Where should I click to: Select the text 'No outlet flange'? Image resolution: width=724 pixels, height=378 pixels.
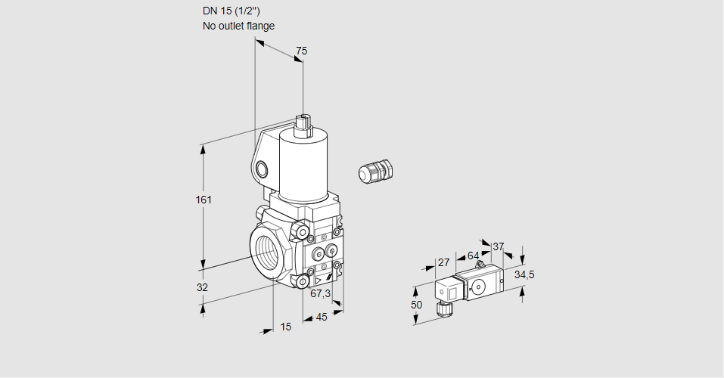[238, 26]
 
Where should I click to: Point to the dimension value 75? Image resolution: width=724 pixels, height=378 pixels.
[301, 51]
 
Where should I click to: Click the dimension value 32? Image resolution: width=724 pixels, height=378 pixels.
[202, 287]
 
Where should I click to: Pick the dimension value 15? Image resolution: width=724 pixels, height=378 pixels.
[285, 327]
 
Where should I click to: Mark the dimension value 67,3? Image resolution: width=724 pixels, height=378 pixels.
[321, 293]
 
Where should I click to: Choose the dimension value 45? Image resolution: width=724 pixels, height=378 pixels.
[322, 317]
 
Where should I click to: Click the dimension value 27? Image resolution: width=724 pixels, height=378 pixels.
[444, 262]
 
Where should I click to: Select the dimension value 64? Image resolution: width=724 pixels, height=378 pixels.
[473, 256]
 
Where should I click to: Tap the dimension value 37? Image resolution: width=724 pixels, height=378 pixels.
[498, 246]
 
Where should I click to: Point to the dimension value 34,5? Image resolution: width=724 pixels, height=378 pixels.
[524, 274]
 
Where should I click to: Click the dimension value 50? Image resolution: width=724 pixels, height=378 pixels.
[416, 304]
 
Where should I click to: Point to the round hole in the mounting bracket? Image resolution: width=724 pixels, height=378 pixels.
[262, 169]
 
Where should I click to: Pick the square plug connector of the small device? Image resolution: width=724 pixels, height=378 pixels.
[446, 291]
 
